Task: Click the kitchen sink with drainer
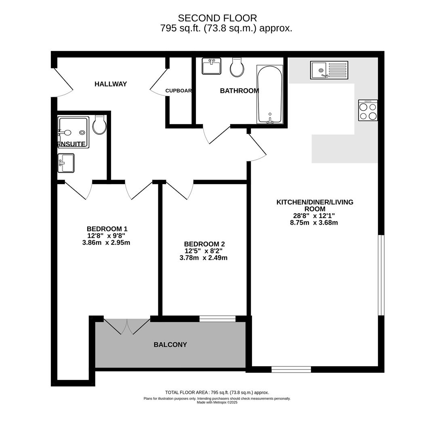pyautogui.click(x=329, y=70)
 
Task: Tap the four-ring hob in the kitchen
pyautogui.click(x=368, y=110)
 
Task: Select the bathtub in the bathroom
pyautogui.click(x=270, y=94)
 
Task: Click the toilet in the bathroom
pyautogui.click(x=237, y=67)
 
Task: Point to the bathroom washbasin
pyautogui.click(x=211, y=66)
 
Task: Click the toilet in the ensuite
pyautogui.click(x=99, y=125)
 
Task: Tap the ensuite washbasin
pyautogui.click(x=66, y=163)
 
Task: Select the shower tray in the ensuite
pyautogui.click(x=74, y=132)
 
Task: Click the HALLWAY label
pyautogui.click(x=111, y=84)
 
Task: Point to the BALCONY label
pyautogui.click(x=170, y=345)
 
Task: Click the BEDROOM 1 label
pyautogui.click(x=107, y=229)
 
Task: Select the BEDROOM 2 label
pyautogui.click(x=204, y=244)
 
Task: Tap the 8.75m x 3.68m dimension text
pyautogui.click(x=314, y=223)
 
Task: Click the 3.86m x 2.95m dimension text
pyautogui.click(x=106, y=243)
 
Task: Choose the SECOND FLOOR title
pyautogui.click(x=217, y=18)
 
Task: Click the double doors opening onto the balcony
pyautogui.click(x=127, y=326)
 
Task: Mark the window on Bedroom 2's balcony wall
pyautogui.click(x=217, y=318)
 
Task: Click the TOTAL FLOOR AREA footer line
pyautogui.click(x=217, y=392)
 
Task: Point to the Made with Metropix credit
pyautogui.click(x=217, y=403)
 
